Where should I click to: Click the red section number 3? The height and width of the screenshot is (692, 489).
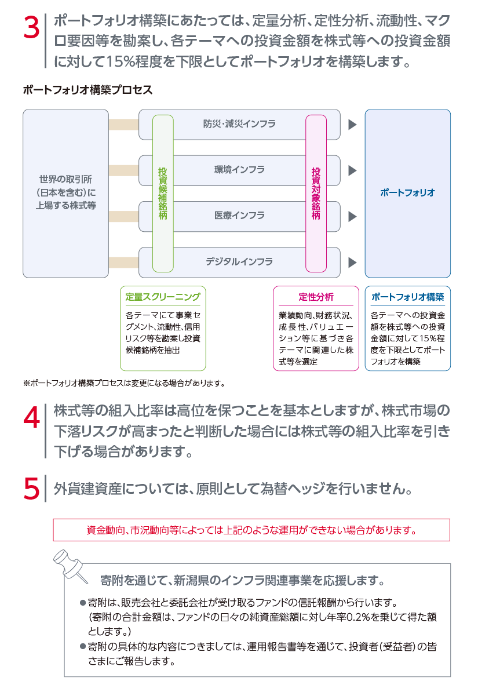coord(31,27)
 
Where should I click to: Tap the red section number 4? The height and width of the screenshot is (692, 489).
coord(31,417)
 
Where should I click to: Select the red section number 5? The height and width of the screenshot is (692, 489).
coord(31,489)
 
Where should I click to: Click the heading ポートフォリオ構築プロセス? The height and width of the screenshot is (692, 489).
coord(88,90)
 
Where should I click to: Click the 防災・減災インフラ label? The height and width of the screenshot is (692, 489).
coord(240,124)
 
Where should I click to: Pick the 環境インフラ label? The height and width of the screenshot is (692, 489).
coord(240,170)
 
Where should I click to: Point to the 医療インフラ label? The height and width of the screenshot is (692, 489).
coord(240,216)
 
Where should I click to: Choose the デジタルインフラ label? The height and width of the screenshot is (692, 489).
coord(240,262)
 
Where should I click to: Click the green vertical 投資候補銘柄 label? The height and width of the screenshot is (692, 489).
coord(163,194)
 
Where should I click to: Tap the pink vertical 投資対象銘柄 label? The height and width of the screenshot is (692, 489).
coord(316,194)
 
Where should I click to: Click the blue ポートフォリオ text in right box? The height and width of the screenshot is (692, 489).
coord(408,193)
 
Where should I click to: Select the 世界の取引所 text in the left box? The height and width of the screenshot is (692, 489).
coord(65,179)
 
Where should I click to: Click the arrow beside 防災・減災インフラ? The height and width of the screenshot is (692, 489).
coord(352,125)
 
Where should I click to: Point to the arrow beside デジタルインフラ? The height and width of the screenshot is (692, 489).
coord(352,263)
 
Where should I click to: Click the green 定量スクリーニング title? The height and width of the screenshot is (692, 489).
coord(163,297)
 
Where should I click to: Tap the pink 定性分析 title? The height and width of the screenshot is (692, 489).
coord(316,297)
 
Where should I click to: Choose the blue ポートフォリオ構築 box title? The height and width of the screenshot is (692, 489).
coord(408,297)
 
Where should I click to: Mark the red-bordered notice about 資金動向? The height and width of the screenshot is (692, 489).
coord(251,530)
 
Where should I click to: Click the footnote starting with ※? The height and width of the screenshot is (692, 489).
coord(125,383)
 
